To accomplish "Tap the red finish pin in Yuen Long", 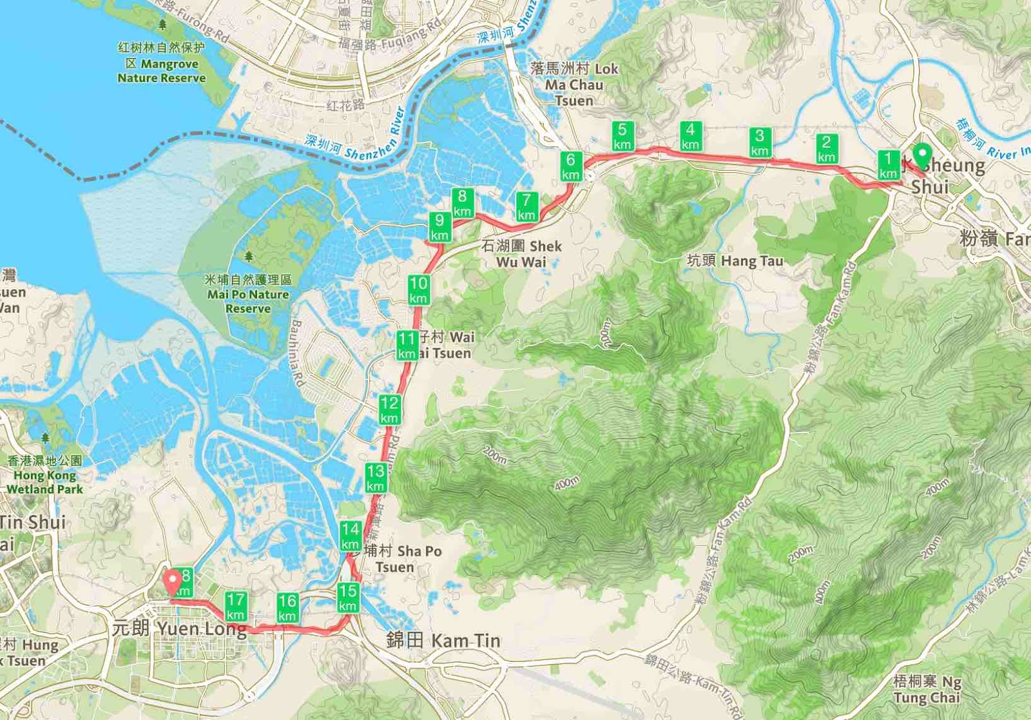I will click(x=172, y=582).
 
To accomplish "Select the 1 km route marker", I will click(x=888, y=165).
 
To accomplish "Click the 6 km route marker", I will click(x=570, y=166).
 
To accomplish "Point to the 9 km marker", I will click(x=439, y=227).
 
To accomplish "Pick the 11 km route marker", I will click(x=407, y=345).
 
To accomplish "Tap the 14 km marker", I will click(x=350, y=536).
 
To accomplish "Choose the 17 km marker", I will click(x=235, y=607).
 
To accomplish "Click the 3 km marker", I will click(x=760, y=142).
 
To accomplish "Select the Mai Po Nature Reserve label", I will click(x=248, y=294).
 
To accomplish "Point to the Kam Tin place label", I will click(x=443, y=640).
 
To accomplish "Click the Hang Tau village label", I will click(x=735, y=261).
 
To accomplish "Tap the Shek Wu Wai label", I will click(x=521, y=253).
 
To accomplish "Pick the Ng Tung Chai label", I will click(x=927, y=689).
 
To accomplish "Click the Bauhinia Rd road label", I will click(x=297, y=353).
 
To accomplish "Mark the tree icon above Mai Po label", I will click(x=249, y=257).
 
